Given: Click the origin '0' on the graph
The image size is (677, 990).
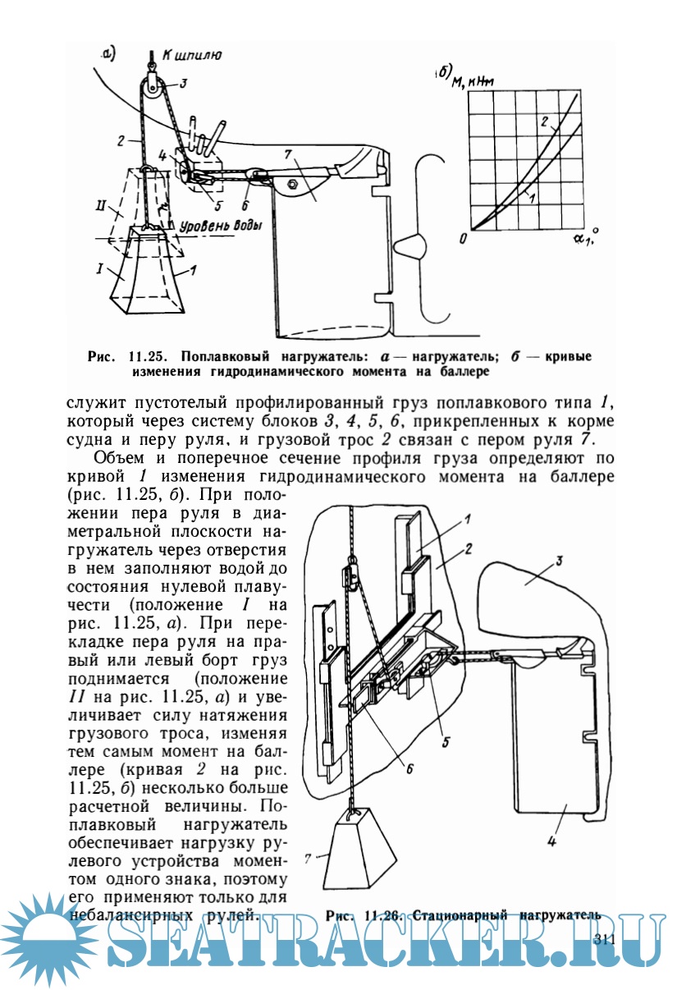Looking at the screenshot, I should (464, 238).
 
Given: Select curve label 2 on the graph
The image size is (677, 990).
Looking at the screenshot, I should (543, 121).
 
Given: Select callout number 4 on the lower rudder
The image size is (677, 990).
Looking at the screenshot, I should (551, 841).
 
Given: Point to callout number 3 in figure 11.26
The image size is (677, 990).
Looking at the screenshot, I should (556, 562).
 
